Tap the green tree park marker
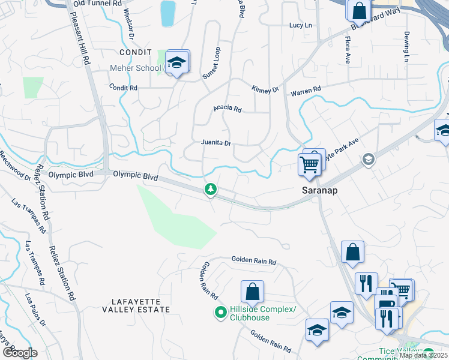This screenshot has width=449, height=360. click(211, 190)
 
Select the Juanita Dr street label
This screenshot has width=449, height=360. click(215, 143)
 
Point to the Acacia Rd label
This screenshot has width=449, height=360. click(228, 109)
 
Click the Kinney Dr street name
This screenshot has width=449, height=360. click(265, 89)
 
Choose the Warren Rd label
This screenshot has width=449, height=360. click(306, 90)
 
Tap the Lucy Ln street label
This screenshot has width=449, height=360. click(301, 25)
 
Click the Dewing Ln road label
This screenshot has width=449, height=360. click(406, 47)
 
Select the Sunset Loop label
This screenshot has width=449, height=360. click(211, 63)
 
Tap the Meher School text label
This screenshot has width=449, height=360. click(135, 68)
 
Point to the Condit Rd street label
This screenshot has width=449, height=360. click(123, 88)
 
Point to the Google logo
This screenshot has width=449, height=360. click(20, 352)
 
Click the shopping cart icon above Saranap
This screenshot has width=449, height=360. click(310, 162)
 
